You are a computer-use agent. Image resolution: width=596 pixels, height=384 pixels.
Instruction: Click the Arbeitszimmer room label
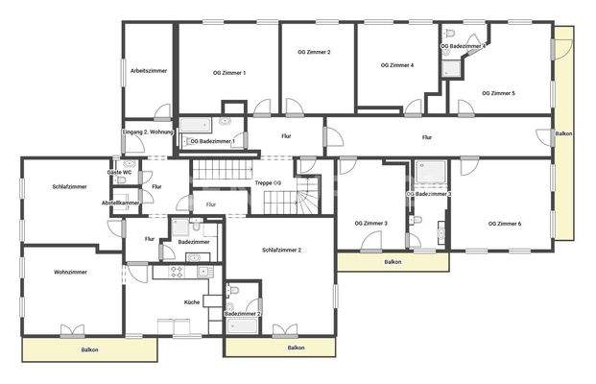coord(149,71)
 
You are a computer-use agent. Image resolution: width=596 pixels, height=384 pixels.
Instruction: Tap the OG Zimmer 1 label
coord(229,72)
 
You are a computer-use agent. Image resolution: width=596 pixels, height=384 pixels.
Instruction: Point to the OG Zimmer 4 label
coord(397,65)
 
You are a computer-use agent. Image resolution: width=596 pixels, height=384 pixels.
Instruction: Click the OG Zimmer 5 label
coord(498,93)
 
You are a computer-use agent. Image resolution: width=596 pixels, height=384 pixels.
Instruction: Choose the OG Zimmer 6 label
coord(505,224)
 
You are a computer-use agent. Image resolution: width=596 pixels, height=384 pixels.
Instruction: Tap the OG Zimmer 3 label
coord(371,224)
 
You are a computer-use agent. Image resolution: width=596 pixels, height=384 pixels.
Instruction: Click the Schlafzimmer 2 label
coord(282,250)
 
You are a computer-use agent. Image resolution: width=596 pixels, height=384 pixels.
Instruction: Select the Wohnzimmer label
coord(70,272)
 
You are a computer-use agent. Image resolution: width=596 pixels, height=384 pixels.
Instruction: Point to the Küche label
coord(192,302)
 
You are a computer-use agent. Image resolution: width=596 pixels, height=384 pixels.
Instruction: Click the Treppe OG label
coord(268,182)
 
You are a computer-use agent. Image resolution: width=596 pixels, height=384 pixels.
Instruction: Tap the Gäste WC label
coord(120,172)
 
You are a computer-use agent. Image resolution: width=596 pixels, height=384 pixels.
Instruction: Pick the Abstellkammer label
coord(121,203)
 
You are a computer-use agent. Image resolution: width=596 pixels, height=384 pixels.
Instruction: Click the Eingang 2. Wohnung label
coord(149,132)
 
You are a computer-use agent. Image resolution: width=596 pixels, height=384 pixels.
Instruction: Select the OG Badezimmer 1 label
coord(213,141)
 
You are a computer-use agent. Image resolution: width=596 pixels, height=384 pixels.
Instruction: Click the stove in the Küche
coord(177,272)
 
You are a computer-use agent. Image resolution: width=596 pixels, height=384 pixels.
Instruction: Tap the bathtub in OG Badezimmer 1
coord(199,123)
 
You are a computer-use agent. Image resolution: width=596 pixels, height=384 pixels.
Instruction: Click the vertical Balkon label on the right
coord(566,133)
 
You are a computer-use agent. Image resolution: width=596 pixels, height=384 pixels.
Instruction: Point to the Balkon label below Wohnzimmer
coord(89,350)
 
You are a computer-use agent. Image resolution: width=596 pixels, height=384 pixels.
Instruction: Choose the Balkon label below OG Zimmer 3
coord(393,261)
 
